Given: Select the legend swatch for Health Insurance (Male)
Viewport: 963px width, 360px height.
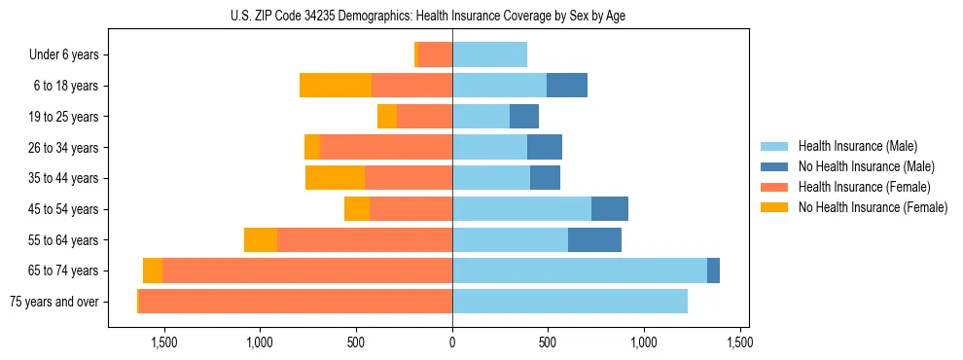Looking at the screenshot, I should pyautogui.click(x=775, y=146).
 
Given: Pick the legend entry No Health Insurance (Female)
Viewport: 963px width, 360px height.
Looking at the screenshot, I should pyautogui.click(x=872, y=207).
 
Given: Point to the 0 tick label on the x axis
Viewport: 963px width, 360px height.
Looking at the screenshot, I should pyautogui.click(x=452, y=342).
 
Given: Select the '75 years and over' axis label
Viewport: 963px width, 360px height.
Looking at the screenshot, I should pyautogui.click(x=54, y=302).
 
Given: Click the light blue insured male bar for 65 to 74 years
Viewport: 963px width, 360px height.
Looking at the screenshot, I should pyautogui.click(x=579, y=270).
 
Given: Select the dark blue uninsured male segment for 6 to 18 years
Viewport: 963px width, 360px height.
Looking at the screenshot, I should pyautogui.click(x=566, y=86).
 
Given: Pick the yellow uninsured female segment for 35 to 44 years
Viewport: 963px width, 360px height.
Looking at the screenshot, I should pyautogui.click(x=335, y=178).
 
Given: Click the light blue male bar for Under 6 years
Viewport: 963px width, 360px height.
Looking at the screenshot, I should pyautogui.click(x=489, y=54).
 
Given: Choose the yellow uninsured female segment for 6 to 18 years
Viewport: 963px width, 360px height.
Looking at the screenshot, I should pyautogui.click(x=336, y=86).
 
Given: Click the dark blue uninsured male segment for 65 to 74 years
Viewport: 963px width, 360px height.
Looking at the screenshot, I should pyautogui.click(x=713, y=270).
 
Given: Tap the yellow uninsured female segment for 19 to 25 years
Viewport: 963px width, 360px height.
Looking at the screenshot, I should pyautogui.click(x=387, y=117).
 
